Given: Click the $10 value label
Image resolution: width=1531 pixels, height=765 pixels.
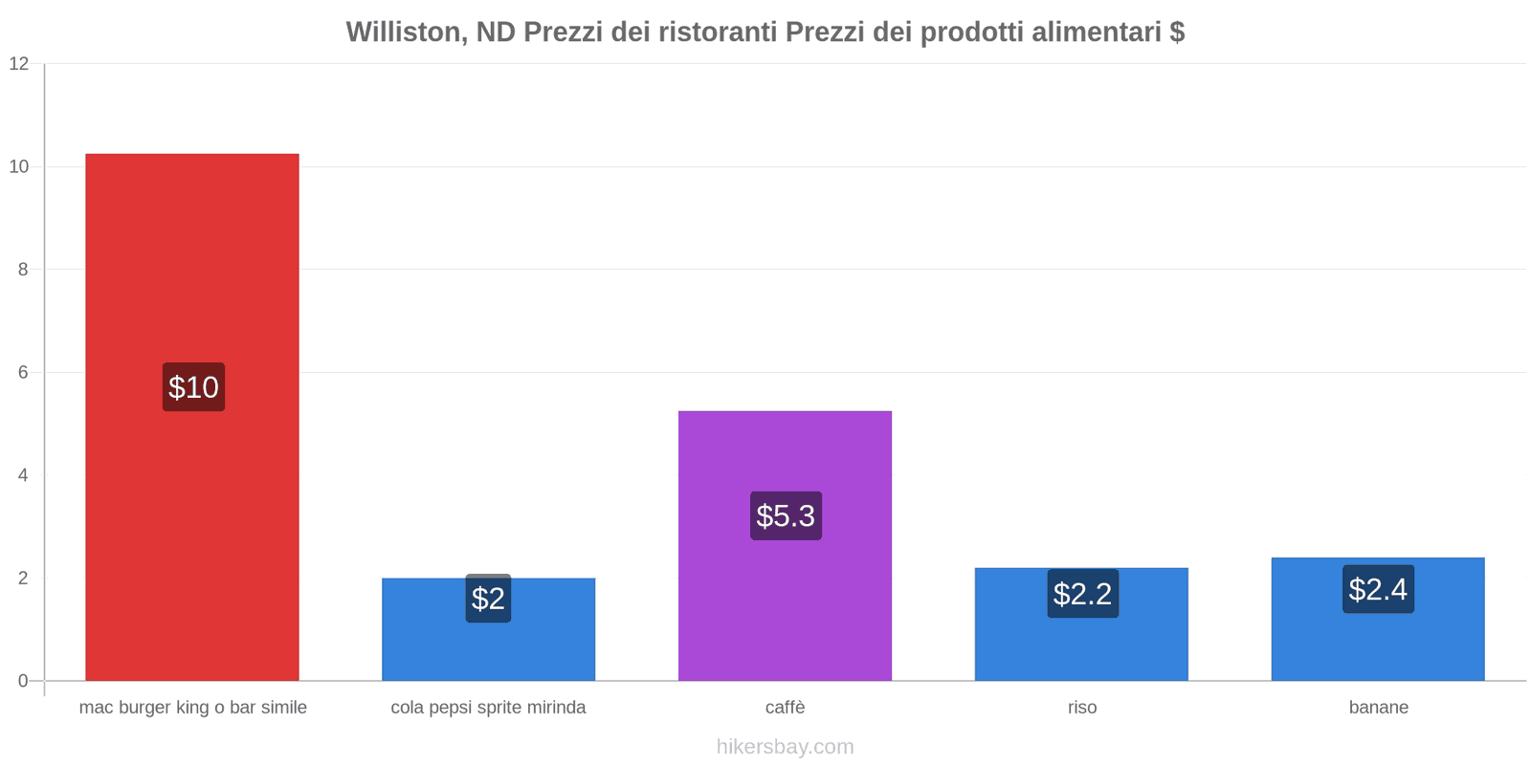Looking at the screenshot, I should click(x=193, y=387).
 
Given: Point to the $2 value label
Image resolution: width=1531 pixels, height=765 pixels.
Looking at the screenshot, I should click(x=488, y=599).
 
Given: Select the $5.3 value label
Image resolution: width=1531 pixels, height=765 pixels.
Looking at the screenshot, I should click(x=786, y=515).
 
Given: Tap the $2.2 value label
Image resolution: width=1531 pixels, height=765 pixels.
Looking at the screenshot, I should click(x=1082, y=594).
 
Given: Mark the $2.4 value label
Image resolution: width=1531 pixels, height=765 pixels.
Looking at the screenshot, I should click(x=1378, y=589).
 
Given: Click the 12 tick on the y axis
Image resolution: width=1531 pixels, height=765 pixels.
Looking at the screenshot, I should click(x=19, y=64).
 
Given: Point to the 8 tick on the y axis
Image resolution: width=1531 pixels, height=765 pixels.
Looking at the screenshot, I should click(x=23, y=270).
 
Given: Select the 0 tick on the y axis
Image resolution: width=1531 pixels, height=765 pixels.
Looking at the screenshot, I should click(x=23, y=681).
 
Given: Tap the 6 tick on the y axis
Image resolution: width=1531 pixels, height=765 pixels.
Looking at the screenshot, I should click(x=23, y=373).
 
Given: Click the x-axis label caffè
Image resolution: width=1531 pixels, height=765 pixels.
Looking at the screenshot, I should click(x=785, y=708).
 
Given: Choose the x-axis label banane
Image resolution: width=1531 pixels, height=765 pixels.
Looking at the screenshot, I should click(x=1378, y=708).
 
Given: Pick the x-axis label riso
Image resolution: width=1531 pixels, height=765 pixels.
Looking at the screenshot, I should click(x=1082, y=708).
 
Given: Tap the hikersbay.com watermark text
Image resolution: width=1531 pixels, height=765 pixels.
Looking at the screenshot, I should click(x=785, y=747).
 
